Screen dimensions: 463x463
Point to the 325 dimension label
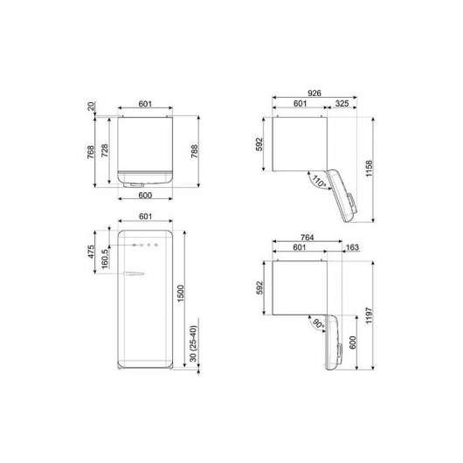point(343,103)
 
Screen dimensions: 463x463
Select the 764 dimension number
point(308,237)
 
